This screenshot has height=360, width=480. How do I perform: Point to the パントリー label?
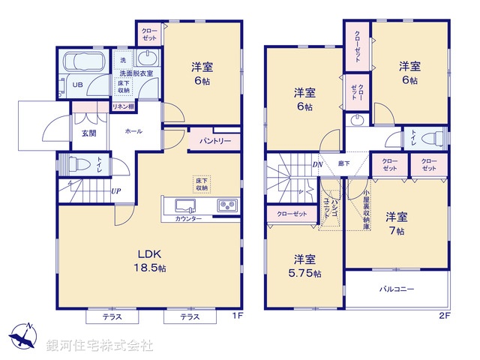pos(214,140)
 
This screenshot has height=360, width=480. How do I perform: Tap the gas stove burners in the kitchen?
pos(226,205)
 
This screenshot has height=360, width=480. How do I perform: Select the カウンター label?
pos(188,218)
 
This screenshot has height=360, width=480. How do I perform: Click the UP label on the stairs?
pos(116,191)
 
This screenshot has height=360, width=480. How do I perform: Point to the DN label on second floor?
pos(317,164)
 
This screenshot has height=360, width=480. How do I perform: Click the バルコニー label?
pos(396,288)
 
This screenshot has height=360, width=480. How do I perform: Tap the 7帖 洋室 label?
pos(396,223)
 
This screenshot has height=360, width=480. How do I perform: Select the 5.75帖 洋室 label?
pos(304,266)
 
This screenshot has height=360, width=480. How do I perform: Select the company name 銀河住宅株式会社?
pos(100,346)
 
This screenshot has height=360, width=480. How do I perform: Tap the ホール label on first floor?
pos(133,131)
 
